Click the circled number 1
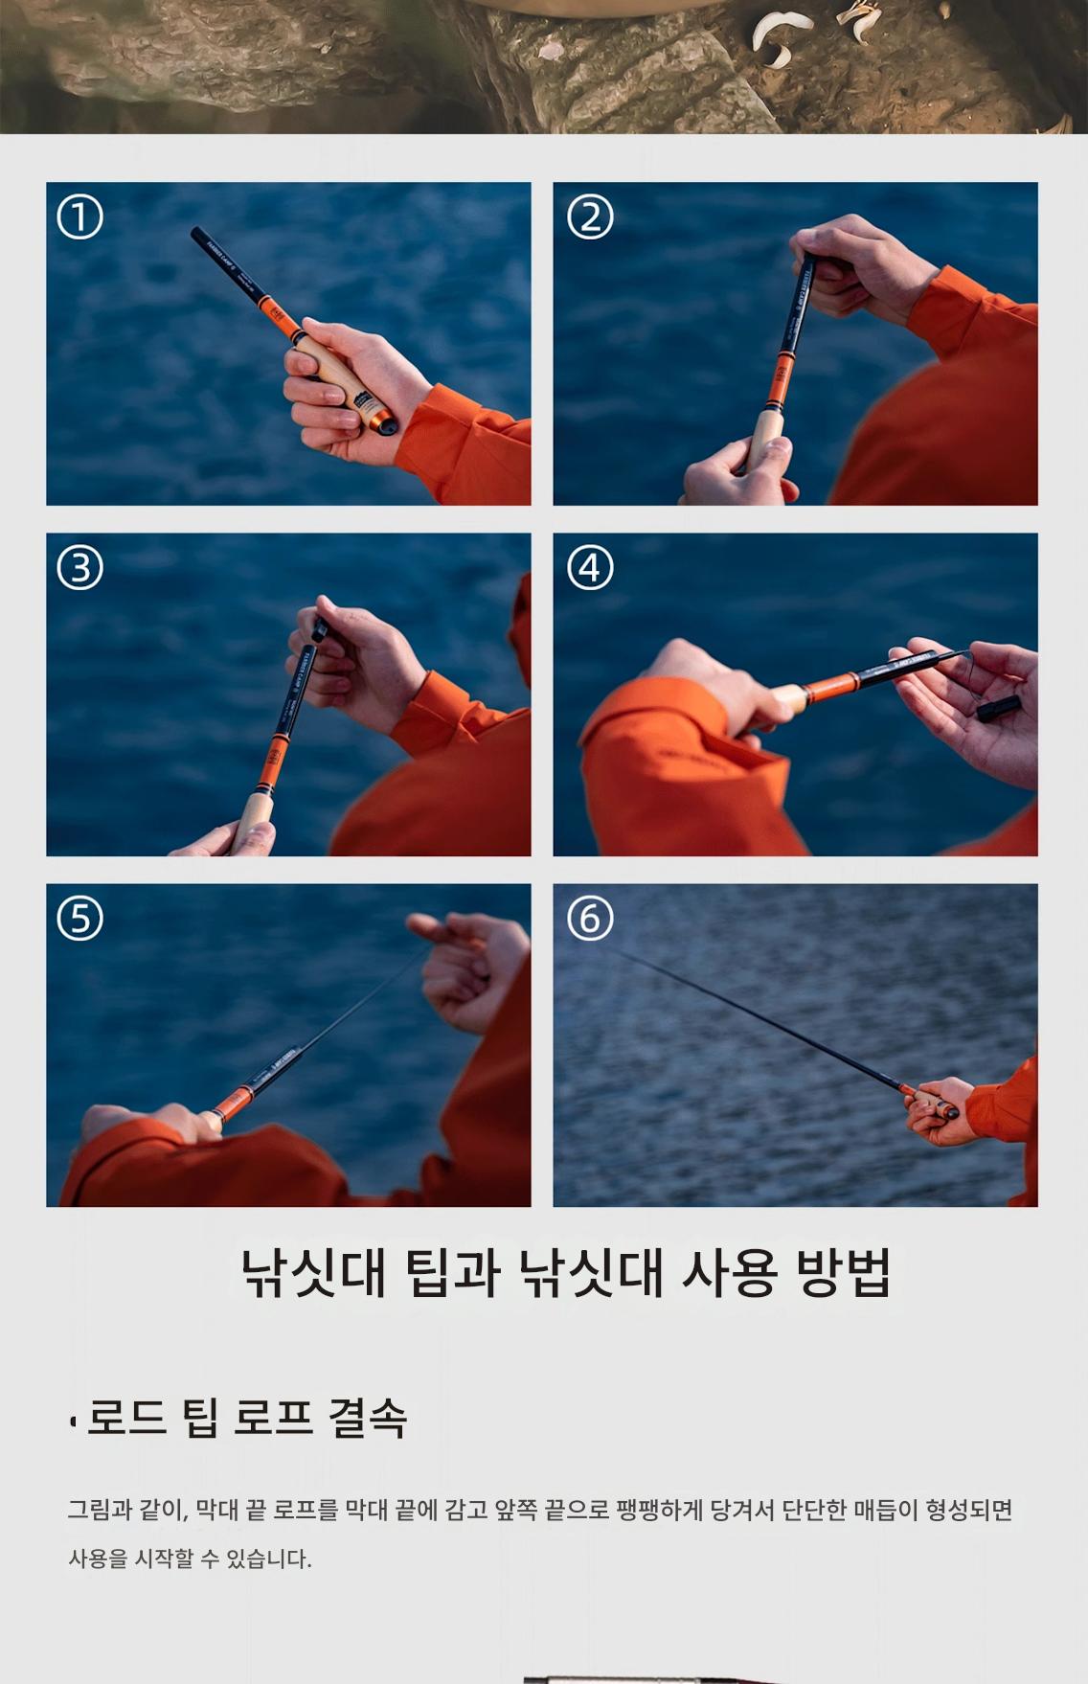[x=79, y=218]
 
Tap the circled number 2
[x=590, y=218]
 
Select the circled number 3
[x=79, y=569]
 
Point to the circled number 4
[x=590, y=569]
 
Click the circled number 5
[x=79, y=920]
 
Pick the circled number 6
[x=590, y=920]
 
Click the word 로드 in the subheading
[x=125, y=1418]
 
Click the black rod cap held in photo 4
[x=997, y=709]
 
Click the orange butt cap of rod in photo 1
[x=383, y=420]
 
